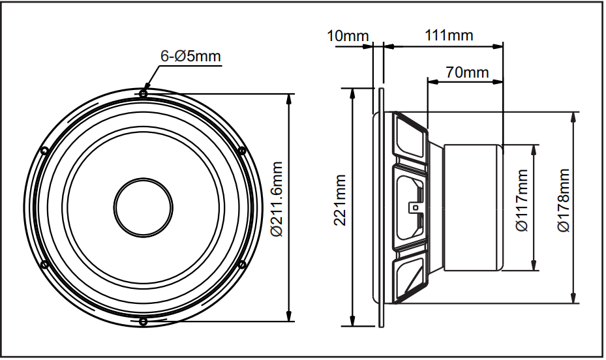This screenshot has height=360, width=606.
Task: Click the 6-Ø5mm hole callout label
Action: [x=190, y=57]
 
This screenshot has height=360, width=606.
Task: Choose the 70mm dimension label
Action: [x=467, y=72]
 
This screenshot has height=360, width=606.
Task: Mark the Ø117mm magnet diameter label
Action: [x=521, y=207]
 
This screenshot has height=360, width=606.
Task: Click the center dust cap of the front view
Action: [x=144, y=208]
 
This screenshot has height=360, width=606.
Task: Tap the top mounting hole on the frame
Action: [x=144, y=94]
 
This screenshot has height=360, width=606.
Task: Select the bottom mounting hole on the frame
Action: [x=144, y=322]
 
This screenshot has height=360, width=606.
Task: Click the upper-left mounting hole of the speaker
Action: [x=44, y=151]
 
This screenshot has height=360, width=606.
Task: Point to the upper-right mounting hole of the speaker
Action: [x=243, y=151]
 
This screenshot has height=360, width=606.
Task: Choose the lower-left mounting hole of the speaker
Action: [x=44, y=264]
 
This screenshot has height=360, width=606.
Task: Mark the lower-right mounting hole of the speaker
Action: [x=243, y=264]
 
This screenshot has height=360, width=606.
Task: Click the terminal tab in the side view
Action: [x=413, y=208]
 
